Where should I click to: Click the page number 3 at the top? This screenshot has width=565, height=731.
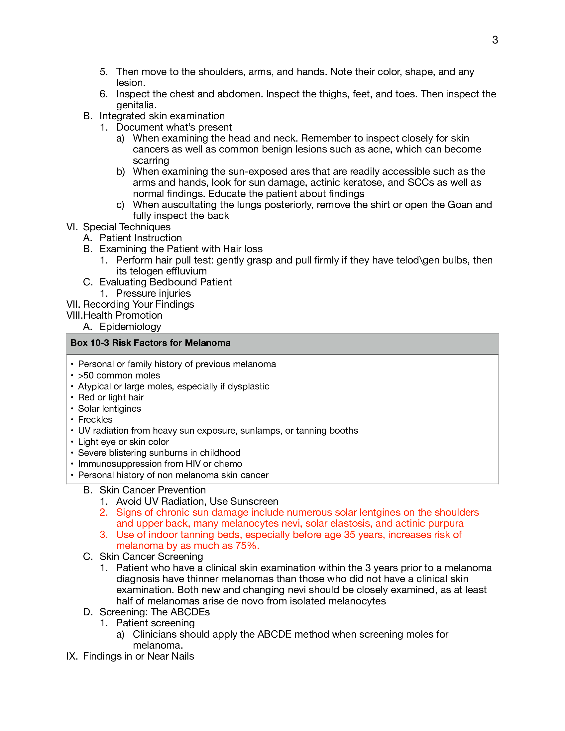tap(495, 40)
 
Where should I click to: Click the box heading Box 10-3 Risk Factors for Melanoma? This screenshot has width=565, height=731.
tap(150, 343)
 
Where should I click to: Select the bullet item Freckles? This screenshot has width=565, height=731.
tap(95, 420)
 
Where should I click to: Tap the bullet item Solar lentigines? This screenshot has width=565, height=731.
tap(109, 409)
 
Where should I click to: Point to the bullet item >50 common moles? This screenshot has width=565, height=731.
tap(119, 375)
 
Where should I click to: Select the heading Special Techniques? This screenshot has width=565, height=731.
tap(127, 227)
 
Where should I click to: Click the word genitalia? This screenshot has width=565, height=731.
tap(136, 105)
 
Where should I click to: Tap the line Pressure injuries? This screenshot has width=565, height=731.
tap(153, 293)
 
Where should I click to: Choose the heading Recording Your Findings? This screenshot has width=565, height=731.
tap(138, 304)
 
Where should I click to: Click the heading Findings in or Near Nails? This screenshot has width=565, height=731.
tap(138, 656)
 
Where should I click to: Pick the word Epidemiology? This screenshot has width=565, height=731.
tap(130, 326)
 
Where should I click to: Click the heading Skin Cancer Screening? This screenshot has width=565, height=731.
tap(151, 557)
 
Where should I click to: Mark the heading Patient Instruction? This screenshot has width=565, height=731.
tap(141, 238)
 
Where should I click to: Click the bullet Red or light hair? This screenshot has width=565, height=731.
tap(110, 397)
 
